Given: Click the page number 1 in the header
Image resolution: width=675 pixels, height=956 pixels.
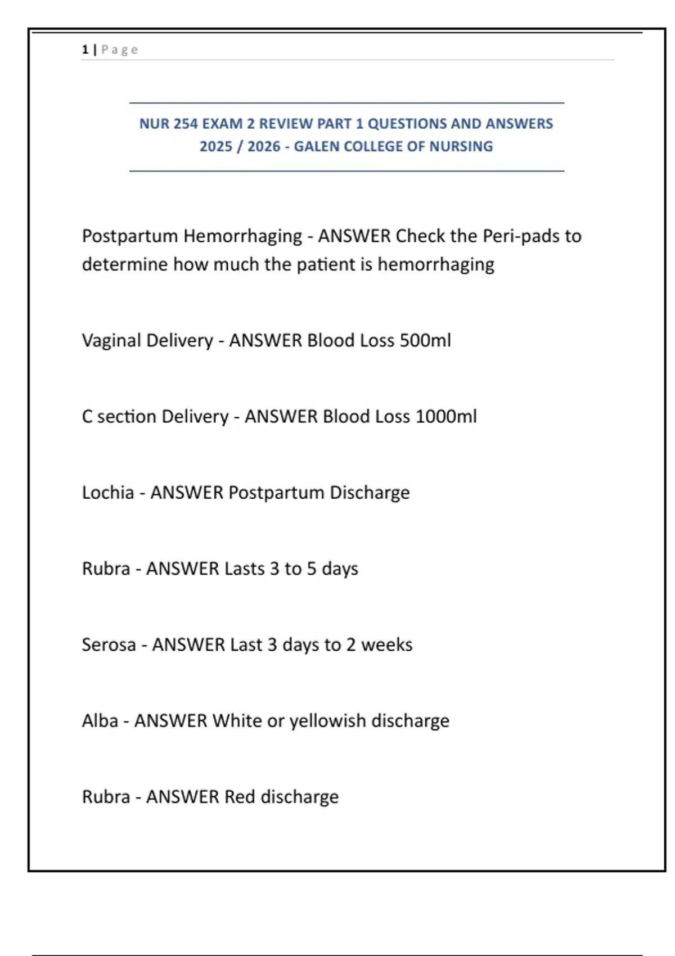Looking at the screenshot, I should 85,50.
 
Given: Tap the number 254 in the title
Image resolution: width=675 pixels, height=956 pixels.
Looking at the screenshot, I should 186,124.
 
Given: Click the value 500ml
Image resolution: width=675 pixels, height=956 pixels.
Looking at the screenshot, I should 425,341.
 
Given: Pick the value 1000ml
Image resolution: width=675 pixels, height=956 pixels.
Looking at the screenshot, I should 445,417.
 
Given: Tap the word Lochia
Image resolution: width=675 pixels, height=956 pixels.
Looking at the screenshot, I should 108,493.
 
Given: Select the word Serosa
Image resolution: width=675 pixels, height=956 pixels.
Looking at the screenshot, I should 109,644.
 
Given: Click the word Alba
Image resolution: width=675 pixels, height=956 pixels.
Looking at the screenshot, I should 100,721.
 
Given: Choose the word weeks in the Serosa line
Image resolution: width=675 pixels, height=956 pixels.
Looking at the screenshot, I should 386,644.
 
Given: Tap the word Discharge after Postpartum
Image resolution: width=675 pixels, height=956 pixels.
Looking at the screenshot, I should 370,493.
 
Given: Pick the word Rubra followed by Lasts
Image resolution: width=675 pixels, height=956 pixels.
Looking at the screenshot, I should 106,569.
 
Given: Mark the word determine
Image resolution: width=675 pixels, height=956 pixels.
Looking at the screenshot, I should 125,264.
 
